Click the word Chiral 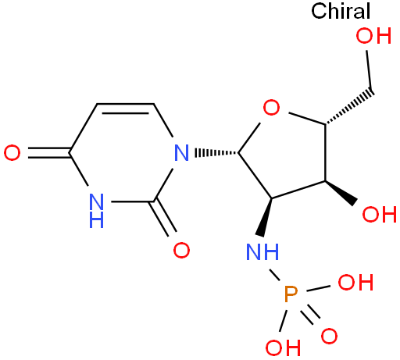[341, 11]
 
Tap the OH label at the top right [373, 36]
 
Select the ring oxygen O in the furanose [271, 107]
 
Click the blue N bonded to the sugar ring [181, 153]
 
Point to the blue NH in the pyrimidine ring [96, 211]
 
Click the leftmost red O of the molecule [12, 153]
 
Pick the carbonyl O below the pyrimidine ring [181, 250]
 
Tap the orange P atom [291, 294]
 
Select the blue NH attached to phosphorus [262, 252]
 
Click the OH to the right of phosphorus [355, 283]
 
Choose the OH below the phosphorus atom [283, 348]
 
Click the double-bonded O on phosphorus [329, 336]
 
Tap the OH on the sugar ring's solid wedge [380, 215]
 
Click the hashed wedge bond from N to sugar [216, 153]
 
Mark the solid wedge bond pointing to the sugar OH [341, 192]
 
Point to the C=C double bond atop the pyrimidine [126, 109]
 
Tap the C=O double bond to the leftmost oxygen [49, 153]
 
